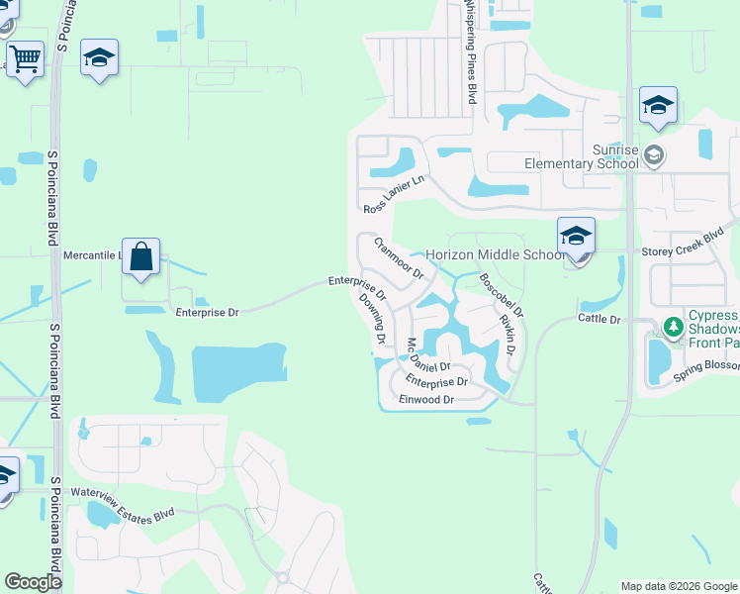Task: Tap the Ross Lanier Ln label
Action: pos(393,194)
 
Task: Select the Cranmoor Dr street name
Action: pos(399,257)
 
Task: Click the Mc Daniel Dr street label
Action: pos(428,356)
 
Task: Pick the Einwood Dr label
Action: pos(426,400)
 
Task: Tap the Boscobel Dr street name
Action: pos(502,295)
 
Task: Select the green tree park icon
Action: pos(674,326)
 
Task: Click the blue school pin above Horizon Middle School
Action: pos(576,237)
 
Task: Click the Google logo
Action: pos(34,582)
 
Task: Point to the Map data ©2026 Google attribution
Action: pos(678,586)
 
